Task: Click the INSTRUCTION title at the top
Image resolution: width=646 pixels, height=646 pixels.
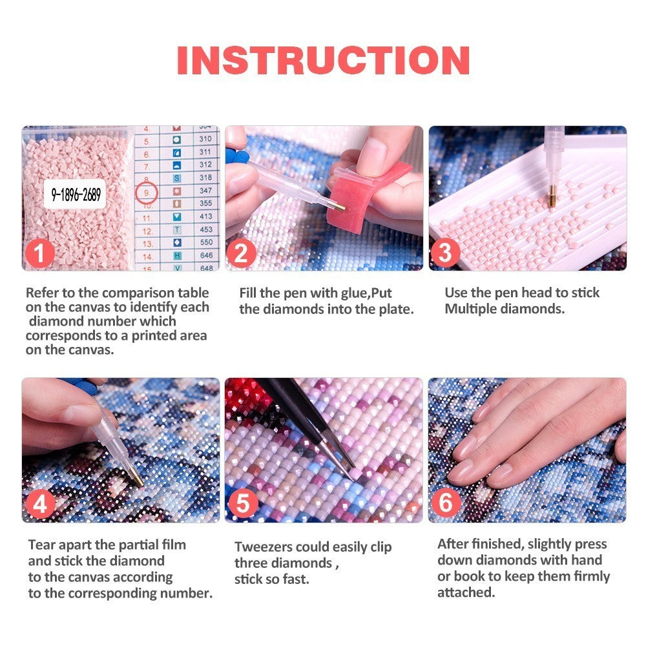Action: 323,60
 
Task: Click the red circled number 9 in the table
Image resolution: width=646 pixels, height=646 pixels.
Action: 147,192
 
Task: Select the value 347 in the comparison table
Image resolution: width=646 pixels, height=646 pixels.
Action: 205,192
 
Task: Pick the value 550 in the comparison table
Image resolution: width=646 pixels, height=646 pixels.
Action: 205,242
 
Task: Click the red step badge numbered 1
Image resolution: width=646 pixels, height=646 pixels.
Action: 40,253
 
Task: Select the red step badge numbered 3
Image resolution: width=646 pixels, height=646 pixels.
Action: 446,253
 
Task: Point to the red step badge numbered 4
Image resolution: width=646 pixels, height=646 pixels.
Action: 40,505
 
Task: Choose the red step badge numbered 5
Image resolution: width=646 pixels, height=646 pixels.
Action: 242,505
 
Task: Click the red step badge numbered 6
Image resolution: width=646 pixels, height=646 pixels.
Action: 446,505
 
